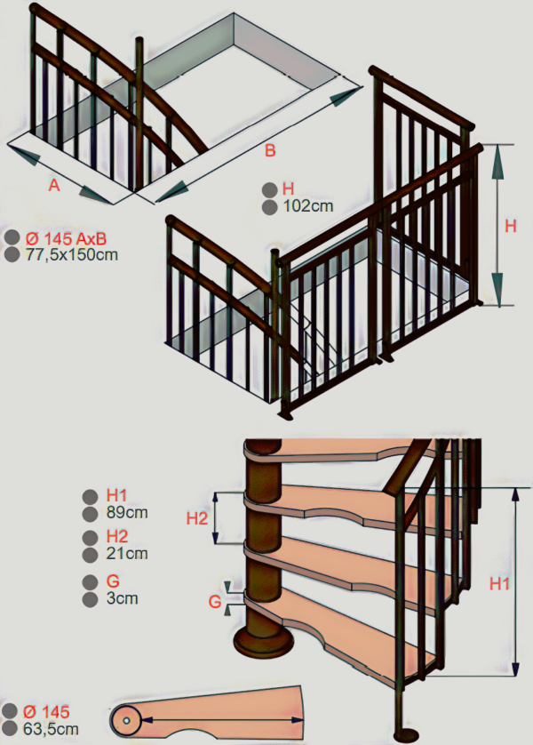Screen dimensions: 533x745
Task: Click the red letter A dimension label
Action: [54, 184]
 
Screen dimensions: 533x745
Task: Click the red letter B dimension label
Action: [270, 150]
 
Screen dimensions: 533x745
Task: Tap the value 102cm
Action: [308, 206]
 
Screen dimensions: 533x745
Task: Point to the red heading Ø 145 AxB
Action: [66, 237]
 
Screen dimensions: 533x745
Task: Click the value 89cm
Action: [127, 513]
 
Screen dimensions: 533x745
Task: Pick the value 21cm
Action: [127, 554]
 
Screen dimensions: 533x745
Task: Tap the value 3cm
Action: [122, 597]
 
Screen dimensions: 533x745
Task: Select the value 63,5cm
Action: [51, 728]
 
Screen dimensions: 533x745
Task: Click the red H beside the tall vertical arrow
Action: [510, 226]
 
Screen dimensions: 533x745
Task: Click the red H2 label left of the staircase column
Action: [197, 518]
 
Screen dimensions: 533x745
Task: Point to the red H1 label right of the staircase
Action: [499, 583]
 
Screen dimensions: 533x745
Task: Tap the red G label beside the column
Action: [215, 602]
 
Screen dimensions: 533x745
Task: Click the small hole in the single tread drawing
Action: [126, 721]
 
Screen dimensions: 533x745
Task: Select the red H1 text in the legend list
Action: [116, 495]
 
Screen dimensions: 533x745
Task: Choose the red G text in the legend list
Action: [113, 581]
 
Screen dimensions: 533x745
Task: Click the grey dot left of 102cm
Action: [269, 207]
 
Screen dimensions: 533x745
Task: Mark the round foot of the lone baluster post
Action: [407, 734]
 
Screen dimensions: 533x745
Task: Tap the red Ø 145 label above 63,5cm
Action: [46, 712]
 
